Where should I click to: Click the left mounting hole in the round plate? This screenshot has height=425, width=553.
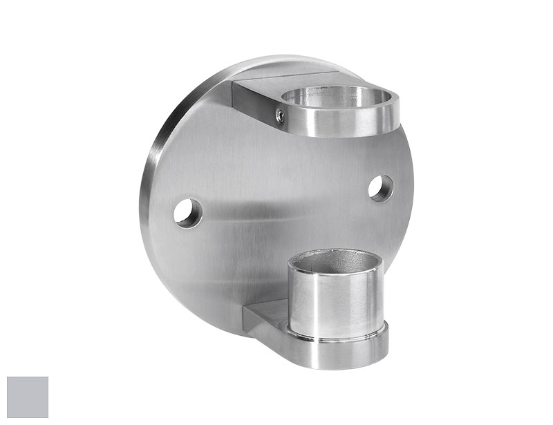pos(187,213)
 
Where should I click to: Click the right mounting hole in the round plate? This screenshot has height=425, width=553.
pos(380,188)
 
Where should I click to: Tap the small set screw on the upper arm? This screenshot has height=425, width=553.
pos(279,117)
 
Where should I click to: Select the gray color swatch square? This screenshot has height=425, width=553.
pos(28,397)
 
